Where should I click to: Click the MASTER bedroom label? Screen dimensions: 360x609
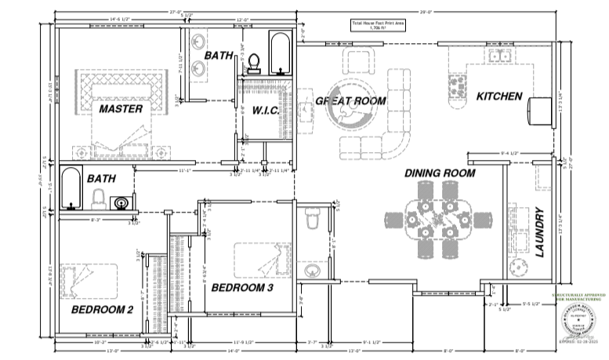(x=120, y=108)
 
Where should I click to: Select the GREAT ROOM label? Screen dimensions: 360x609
(x=350, y=101)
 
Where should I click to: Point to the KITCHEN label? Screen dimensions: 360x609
(x=498, y=96)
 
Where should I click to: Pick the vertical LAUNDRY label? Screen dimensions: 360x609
(x=539, y=233)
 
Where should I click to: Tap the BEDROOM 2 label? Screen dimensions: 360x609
(x=102, y=309)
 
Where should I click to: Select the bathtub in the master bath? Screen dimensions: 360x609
(x=278, y=52)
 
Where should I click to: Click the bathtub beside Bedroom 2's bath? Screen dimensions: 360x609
(x=71, y=188)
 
